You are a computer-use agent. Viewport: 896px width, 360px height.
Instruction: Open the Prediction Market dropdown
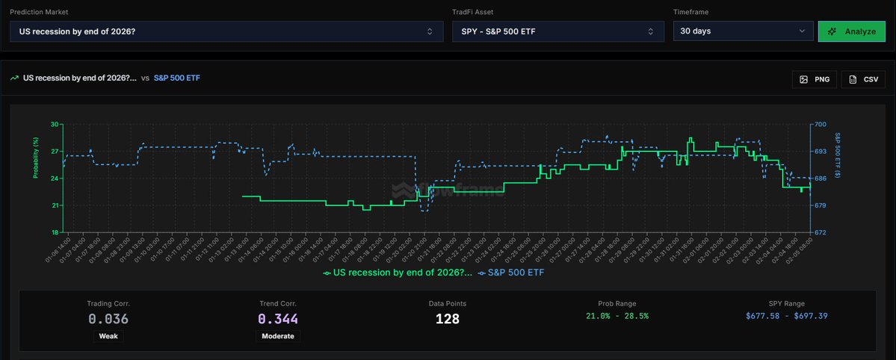[226, 31]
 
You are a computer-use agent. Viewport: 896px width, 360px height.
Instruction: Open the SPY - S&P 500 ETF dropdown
[557, 31]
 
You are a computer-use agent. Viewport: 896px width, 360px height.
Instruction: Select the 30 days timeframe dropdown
[742, 31]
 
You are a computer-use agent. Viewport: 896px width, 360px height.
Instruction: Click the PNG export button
[814, 78]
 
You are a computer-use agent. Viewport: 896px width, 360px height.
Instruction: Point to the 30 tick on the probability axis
[55, 124]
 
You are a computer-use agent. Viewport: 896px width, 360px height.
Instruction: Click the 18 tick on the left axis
[55, 232]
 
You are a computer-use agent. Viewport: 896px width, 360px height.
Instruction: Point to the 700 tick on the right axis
[821, 124]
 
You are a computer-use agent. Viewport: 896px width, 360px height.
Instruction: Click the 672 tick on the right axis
[821, 232]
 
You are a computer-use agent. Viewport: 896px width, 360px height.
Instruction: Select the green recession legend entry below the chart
[398, 273]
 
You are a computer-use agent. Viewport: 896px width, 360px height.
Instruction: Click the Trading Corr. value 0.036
[108, 319]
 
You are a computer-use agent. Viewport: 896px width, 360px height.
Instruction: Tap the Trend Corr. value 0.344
[278, 319]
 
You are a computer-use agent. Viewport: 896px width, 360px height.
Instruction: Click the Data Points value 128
[448, 319]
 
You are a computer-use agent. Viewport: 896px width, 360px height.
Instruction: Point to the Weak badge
[108, 336]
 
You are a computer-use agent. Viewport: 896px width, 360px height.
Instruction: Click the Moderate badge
[278, 336]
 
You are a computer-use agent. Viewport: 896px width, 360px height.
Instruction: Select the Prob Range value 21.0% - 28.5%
[617, 316]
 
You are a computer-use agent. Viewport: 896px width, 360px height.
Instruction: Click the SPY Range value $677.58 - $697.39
[786, 316]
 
